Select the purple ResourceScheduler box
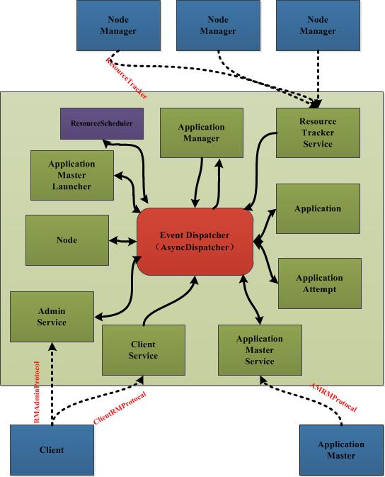tap(101, 123)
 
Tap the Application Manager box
tap(201, 133)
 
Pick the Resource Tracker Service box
tap(318, 133)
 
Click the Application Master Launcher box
tap(72, 175)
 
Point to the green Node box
tap(67, 240)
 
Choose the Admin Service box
tap(52, 317)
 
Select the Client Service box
tap(143, 350)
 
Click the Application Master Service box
tap(259, 350)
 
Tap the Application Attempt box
tap(319, 283)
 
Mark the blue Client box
tap(52, 449)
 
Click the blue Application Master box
tap(341, 450)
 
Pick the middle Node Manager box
tap(218, 26)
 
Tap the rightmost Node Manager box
tap(318, 26)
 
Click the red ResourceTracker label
tap(125, 76)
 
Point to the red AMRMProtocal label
tap(333, 398)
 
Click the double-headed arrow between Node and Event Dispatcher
tap(122, 241)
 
